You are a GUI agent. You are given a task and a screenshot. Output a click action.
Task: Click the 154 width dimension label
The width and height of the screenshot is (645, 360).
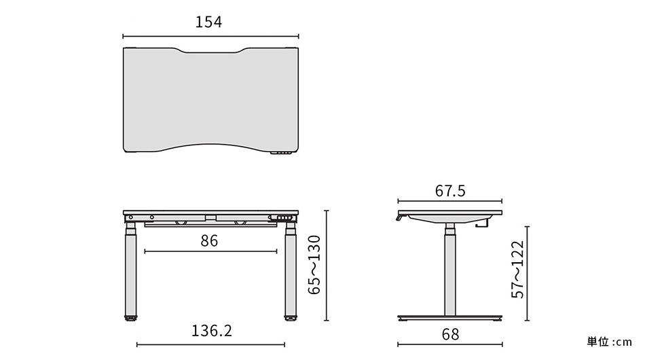click(x=209, y=22)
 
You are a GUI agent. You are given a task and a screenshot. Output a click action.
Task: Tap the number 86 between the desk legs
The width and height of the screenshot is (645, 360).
click(x=209, y=240)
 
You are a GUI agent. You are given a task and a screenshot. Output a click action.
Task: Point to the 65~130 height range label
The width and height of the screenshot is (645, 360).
click(x=314, y=265)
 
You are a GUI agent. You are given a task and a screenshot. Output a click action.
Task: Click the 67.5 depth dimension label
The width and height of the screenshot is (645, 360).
click(x=450, y=191)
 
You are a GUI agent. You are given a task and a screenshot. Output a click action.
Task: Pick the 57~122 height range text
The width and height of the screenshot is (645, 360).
click(x=518, y=270)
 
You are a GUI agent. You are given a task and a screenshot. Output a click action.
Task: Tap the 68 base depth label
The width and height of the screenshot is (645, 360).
click(x=450, y=334)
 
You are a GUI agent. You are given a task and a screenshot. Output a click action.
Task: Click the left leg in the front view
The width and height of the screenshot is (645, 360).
click(x=129, y=272)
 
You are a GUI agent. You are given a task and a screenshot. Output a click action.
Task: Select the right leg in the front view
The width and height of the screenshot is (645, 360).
click(x=291, y=272)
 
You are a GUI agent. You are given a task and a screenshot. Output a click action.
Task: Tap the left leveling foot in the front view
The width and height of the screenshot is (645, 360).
click(x=129, y=317)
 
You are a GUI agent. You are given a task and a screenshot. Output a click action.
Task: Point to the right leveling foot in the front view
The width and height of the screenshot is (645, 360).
click(x=291, y=317)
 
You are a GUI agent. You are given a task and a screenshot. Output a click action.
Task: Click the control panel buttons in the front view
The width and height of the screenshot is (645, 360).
click(x=283, y=217)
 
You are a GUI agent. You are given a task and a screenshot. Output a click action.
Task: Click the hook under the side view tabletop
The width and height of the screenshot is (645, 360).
click(x=484, y=223)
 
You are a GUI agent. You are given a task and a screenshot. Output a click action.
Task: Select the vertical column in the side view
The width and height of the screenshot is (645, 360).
click(x=449, y=272)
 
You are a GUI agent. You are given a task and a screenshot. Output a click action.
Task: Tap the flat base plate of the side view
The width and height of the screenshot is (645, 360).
click(x=449, y=318)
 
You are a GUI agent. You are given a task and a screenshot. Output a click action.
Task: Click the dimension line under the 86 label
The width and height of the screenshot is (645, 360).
click(x=211, y=252)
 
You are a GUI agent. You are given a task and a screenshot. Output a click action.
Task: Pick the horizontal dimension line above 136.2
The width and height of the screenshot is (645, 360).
click(x=211, y=344)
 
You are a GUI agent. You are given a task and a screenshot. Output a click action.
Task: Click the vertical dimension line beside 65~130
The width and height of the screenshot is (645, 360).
click(x=327, y=265)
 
